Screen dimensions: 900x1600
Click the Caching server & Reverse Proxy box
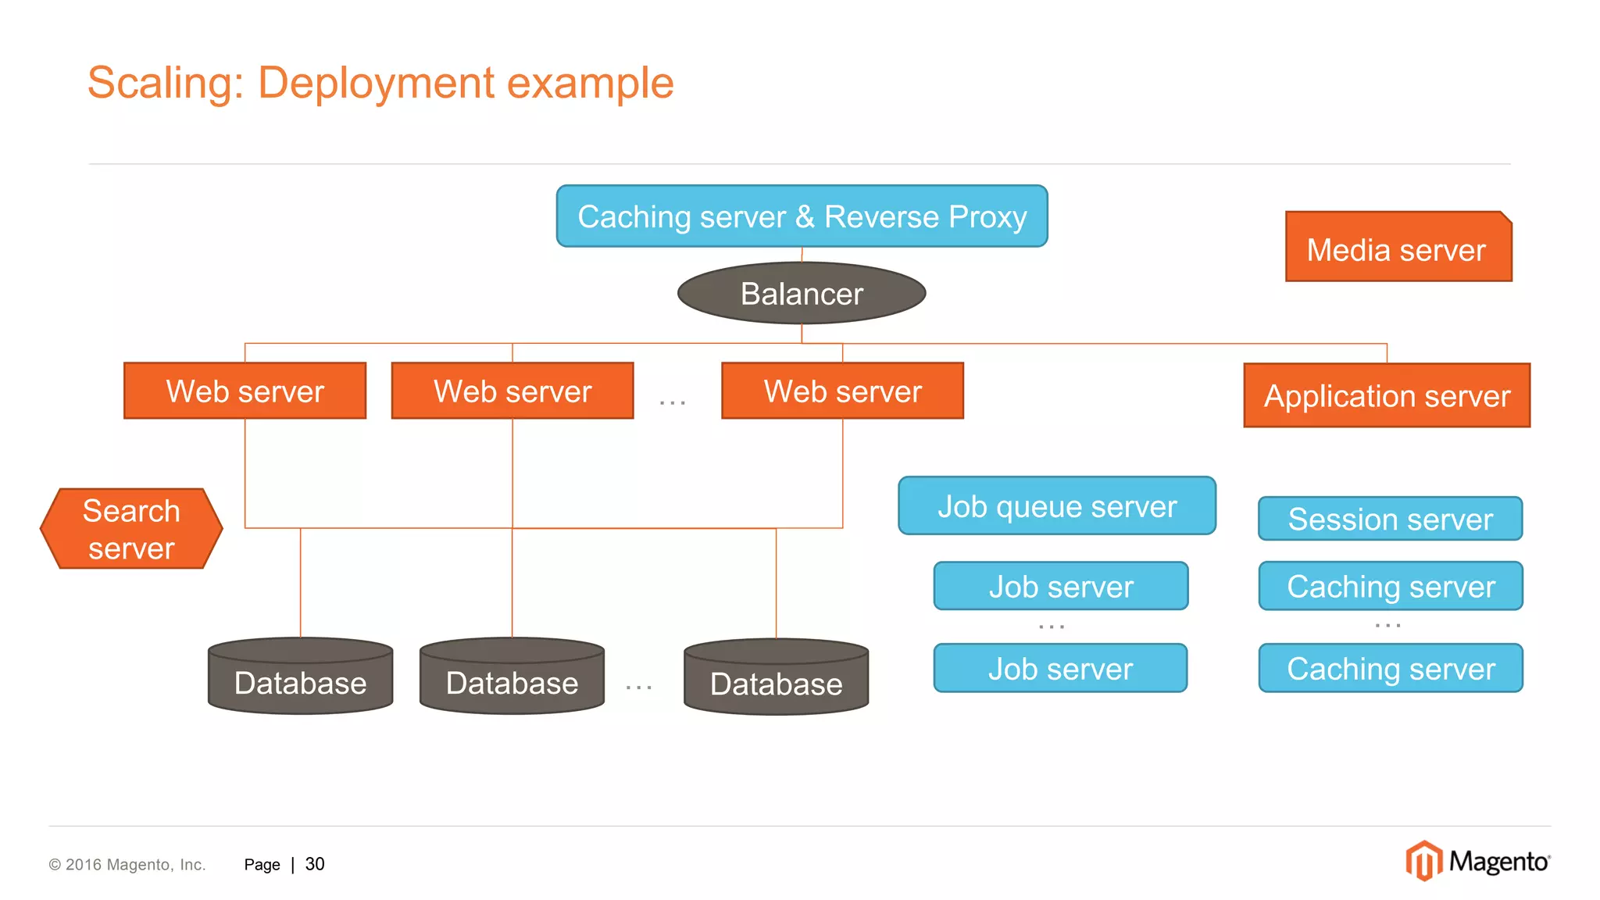pyautogui.click(x=802, y=216)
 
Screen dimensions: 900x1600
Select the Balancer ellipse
pyautogui.click(x=802, y=294)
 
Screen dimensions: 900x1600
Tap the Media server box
pyautogui.click(x=1398, y=248)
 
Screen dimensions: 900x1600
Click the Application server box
pyautogui.click(x=1387, y=395)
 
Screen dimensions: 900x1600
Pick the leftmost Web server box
pyautogui.click(x=245, y=391)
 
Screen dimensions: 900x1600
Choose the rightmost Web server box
pyautogui.click(x=842, y=391)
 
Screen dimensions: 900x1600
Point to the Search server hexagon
pyautogui.click(x=131, y=529)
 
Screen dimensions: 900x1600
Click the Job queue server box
pyautogui.click(x=1056, y=506)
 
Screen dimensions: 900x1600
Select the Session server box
pyautogui.click(x=1390, y=519)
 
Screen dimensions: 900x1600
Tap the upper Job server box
pyautogui.click(x=1060, y=586)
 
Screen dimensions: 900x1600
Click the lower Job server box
pyautogui.click(x=1060, y=668)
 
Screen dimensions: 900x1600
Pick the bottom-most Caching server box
pyautogui.click(x=1390, y=668)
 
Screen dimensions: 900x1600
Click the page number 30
pyautogui.click(x=314, y=864)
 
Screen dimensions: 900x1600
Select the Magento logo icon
pyautogui.click(x=1423, y=861)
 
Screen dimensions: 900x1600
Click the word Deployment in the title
pyautogui.click(x=376, y=83)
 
